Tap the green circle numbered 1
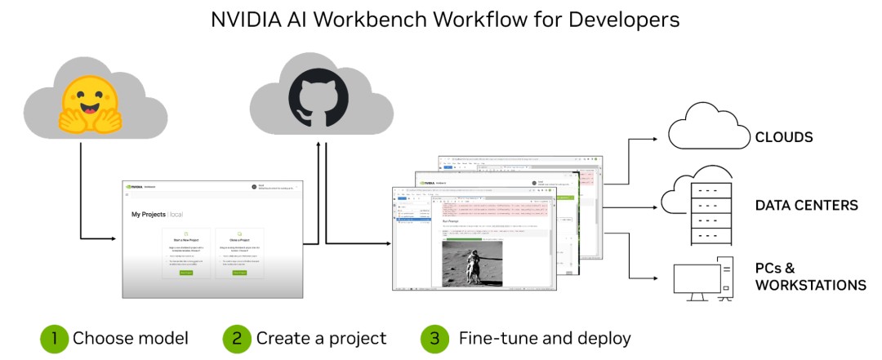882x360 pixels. point(54,338)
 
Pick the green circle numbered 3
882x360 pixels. point(434,338)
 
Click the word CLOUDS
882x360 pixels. point(784,137)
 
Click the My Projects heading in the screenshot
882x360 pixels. point(155,215)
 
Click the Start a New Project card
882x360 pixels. point(186,254)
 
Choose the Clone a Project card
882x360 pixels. point(239,254)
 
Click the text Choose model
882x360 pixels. point(131,338)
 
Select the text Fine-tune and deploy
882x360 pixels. point(545,338)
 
